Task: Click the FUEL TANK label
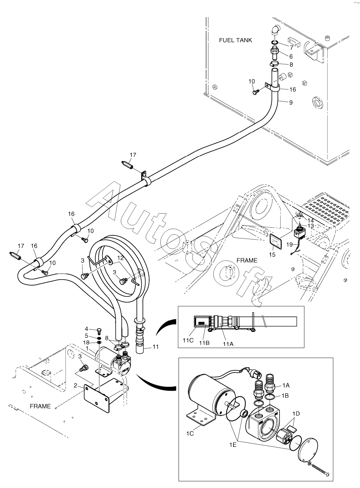coord(235,40)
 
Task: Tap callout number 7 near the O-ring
coord(291,47)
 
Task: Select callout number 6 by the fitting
coord(291,56)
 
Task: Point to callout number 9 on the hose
coord(291,102)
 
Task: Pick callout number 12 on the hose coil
coord(120,258)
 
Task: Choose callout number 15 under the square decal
coord(272,254)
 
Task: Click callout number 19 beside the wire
coord(289,245)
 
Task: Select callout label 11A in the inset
coord(228,344)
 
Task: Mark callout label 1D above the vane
coord(296,414)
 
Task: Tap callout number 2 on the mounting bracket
coord(75,386)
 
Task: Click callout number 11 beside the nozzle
coord(155,347)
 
